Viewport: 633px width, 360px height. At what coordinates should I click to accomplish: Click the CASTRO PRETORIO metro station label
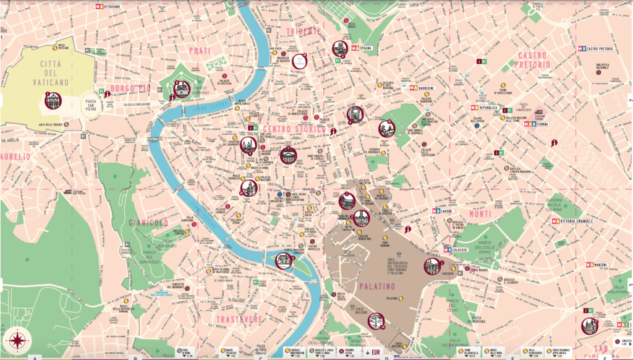click(x=602, y=48)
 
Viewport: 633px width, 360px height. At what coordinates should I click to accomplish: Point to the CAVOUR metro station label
click(x=446, y=210)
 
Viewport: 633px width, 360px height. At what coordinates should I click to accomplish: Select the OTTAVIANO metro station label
click(x=120, y=6)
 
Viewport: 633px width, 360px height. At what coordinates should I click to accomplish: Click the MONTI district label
click(x=480, y=213)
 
